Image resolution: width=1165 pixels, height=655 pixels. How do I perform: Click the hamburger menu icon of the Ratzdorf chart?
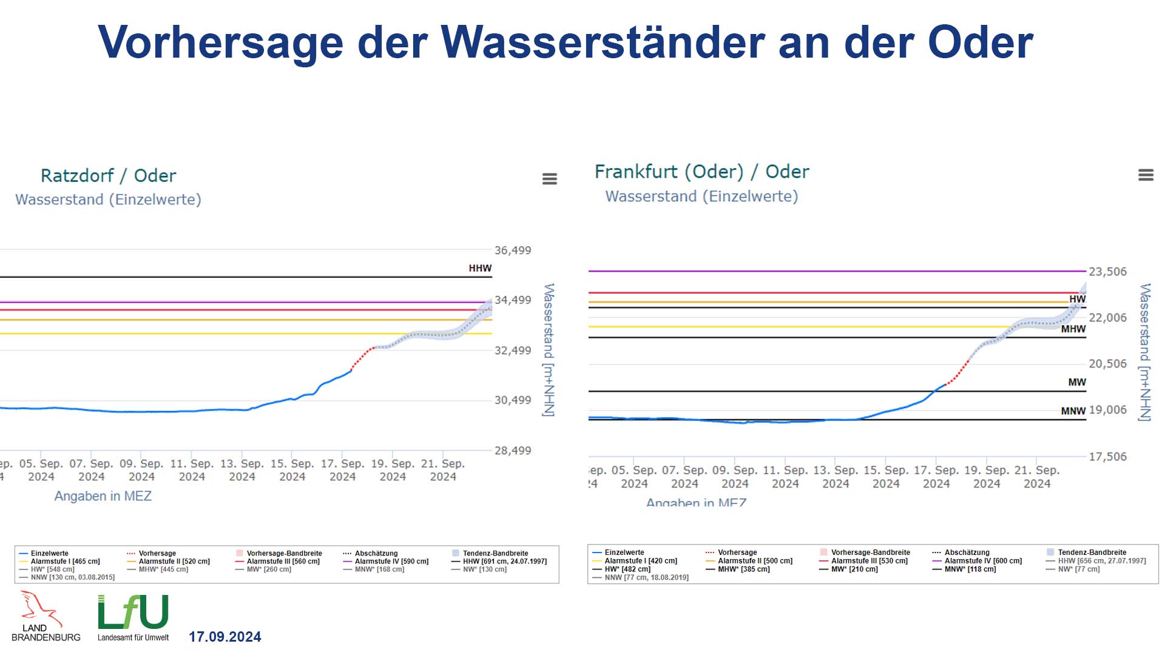[x=550, y=179]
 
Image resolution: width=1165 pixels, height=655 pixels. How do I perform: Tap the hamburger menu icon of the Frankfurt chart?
[x=1146, y=175]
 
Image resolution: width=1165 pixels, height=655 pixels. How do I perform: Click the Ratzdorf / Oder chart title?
[x=108, y=176]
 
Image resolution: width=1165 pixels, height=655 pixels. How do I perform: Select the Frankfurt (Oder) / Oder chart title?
[x=701, y=172]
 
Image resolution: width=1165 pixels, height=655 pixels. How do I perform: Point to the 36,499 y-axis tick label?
[x=513, y=250]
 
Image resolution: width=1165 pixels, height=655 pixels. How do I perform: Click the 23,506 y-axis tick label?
[x=1107, y=272]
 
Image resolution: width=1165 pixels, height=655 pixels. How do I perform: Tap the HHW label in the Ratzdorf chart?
[x=480, y=268]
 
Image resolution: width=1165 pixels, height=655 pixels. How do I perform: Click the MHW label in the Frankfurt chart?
[x=1073, y=329]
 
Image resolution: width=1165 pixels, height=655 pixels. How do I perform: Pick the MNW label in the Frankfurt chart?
[x=1073, y=411]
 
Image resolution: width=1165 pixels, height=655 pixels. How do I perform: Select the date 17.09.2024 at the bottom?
[x=225, y=637]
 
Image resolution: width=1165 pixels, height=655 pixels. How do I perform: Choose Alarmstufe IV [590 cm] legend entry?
[x=391, y=562]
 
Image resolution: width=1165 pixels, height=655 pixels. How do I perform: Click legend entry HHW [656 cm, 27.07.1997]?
[x=1101, y=561]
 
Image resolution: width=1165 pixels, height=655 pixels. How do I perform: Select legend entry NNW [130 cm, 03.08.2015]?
[x=72, y=577]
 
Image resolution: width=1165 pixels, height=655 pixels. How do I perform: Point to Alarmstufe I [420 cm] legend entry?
[x=640, y=561]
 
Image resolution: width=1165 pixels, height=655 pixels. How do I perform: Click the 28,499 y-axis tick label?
[x=513, y=451]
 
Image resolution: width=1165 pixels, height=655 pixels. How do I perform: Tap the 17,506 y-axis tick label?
[x=1107, y=457]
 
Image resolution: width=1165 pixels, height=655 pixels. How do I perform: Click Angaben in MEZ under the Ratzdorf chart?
[x=103, y=496]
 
